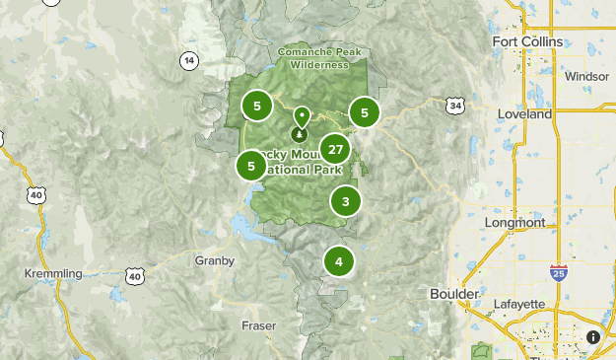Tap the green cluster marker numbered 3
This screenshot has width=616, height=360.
(x=346, y=202)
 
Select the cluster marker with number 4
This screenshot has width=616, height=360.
(x=339, y=261)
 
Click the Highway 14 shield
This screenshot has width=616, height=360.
(x=188, y=60)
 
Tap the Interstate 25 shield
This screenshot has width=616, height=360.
(x=559, y=272)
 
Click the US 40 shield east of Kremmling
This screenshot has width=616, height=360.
(x=135, y=276)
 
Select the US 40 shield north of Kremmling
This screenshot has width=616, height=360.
(x=37, y=195)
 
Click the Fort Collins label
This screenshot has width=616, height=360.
(x=527, y=41)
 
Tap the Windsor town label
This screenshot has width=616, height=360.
(x=587, y=76)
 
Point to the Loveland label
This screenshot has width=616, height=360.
(x=525, y=114)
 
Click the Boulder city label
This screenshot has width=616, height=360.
(x=454, y=294)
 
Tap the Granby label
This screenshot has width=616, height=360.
(x=215, y=260)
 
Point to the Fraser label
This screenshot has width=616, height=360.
(x=259, y=324)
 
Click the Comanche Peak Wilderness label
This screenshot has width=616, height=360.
(x=314, y=57)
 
